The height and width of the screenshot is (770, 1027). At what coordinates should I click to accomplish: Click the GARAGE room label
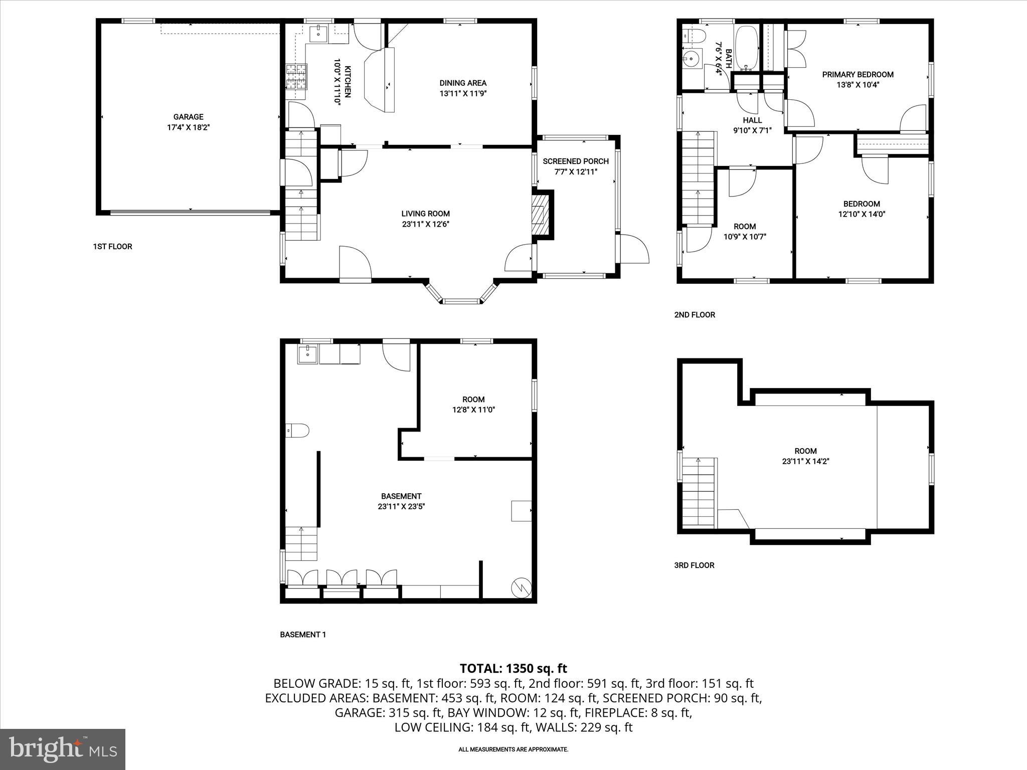coord(188,117)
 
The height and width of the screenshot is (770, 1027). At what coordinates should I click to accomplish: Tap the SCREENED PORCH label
coord(575,161)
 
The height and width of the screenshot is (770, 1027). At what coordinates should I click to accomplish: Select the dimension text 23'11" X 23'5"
coord(401,507)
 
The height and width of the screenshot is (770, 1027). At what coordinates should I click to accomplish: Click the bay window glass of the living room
coord(461,302)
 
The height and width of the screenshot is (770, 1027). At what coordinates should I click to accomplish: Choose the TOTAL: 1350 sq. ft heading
coord(513,668)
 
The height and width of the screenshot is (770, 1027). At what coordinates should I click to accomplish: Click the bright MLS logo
coord(63,749)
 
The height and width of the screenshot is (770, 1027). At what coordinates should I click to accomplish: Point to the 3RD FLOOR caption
coord(694,565)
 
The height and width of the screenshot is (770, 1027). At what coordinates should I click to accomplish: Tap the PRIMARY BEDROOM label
coord(858,75)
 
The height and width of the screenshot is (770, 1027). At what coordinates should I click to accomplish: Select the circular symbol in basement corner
coord(521,587)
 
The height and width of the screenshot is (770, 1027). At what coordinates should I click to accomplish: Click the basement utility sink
coord(307,354)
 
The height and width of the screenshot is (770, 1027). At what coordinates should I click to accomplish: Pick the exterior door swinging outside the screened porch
coord(635,249)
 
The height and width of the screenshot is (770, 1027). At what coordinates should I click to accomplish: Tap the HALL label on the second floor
coord(752,120)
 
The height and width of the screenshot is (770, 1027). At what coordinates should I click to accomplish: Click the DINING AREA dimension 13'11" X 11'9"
coord(463,94)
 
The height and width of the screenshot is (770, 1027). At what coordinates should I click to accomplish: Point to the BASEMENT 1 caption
coord(303,635)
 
